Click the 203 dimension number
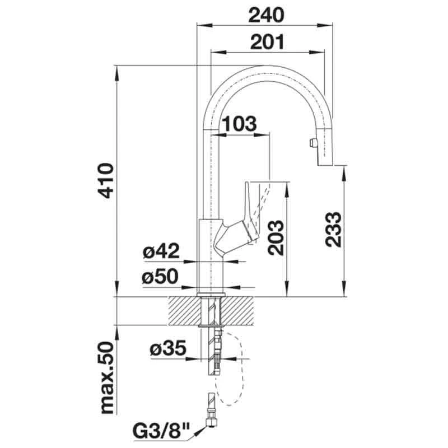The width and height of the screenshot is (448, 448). (274, 236)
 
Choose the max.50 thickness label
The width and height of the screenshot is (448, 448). (106, 379)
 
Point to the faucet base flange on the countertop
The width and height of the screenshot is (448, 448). (212, 293)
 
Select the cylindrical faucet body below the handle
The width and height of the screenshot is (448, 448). (212, 263)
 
